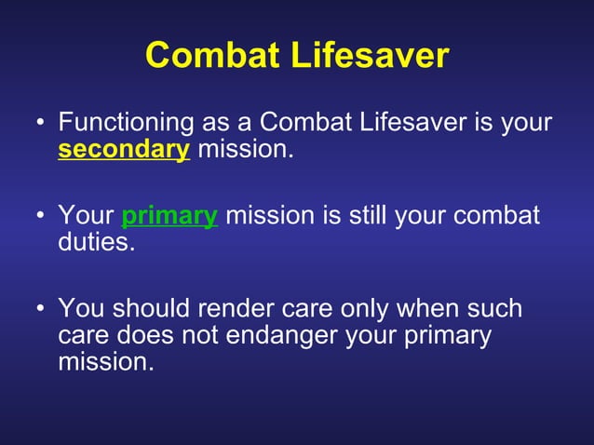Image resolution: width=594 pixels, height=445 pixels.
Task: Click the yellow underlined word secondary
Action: (x=124, y=149)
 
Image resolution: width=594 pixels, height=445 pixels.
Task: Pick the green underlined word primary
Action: (x=169, y=216)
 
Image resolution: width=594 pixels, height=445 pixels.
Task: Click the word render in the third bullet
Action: (x=243, y=309)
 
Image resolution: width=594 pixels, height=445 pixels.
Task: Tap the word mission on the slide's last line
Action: (x=103, y=361)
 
